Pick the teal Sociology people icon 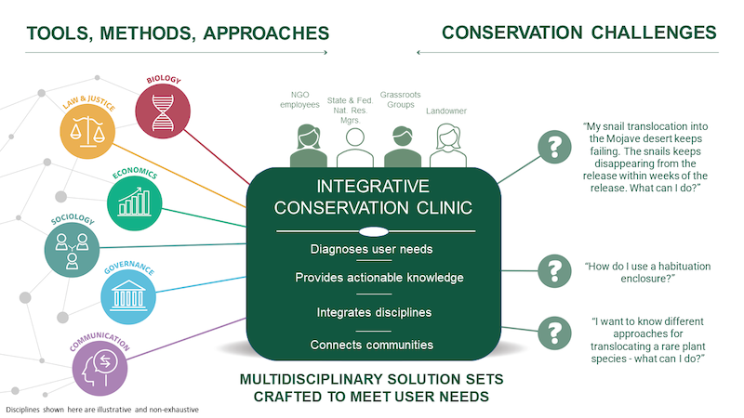72,246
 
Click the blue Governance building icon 127,297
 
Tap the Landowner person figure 446,145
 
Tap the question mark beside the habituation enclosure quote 555,270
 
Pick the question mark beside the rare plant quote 555,332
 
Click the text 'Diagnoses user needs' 372,249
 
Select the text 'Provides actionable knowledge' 372,278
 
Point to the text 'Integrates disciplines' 372,311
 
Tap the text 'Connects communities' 372,345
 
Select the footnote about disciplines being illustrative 103,409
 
